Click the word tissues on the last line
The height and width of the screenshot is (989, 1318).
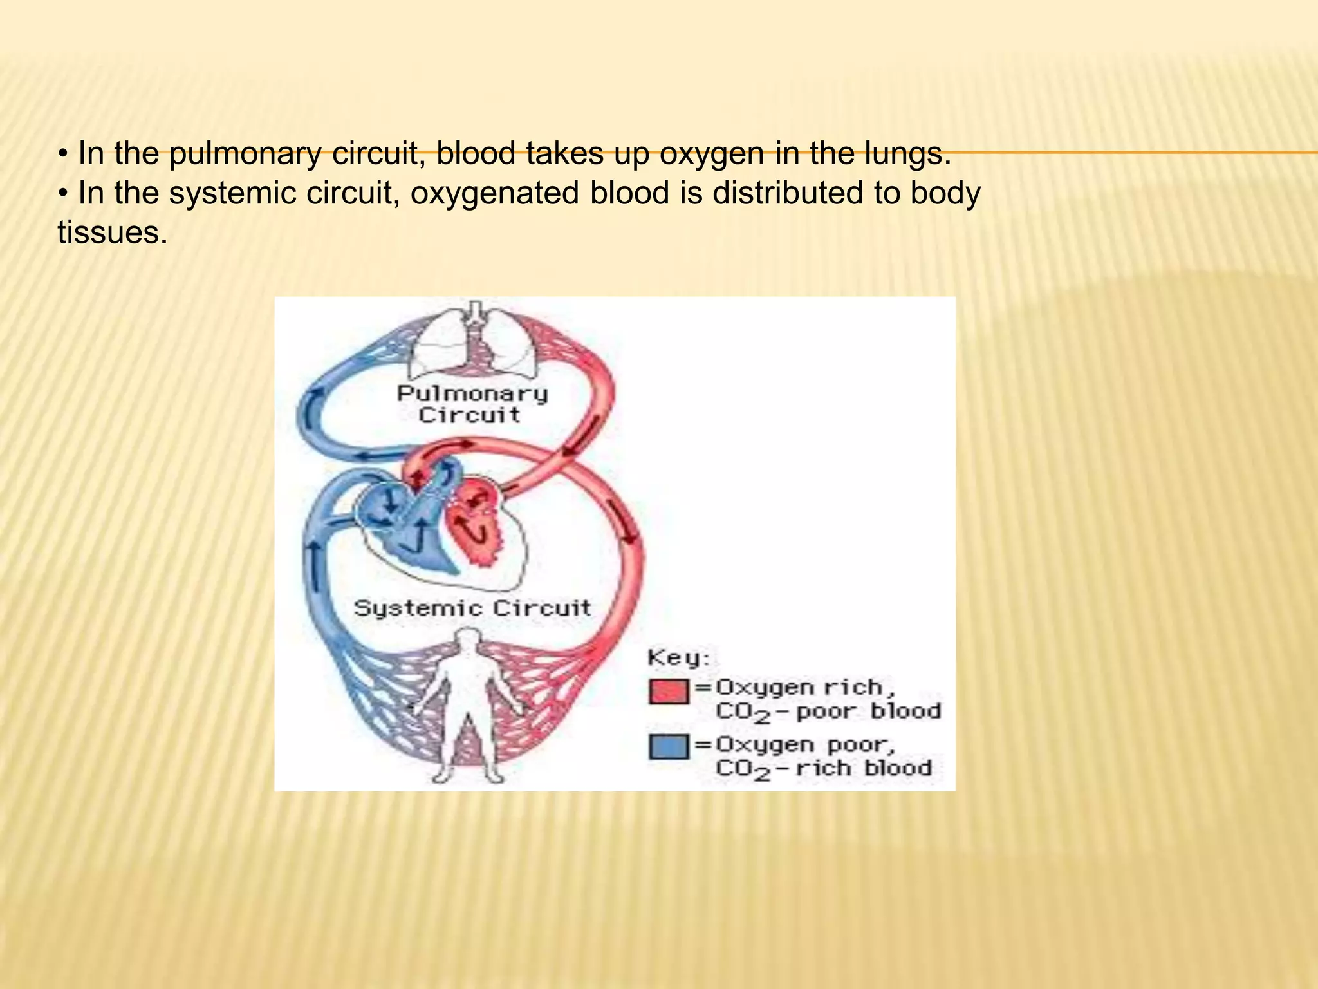113,232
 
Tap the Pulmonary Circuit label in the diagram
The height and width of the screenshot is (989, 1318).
472,404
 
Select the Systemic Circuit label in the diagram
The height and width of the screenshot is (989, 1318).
472,608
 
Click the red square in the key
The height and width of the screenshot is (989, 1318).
669,691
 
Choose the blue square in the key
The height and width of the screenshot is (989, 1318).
669,747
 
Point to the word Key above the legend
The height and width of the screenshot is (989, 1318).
678,658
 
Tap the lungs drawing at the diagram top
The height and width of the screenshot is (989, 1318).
474,348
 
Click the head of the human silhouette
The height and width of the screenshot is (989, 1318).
468,640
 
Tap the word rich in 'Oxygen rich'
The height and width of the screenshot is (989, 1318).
856,688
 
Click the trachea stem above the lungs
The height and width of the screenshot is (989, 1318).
474,312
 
